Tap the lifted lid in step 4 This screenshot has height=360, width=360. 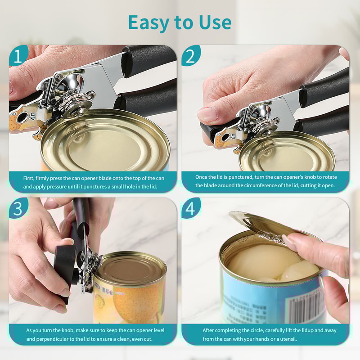click(256, 223)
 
